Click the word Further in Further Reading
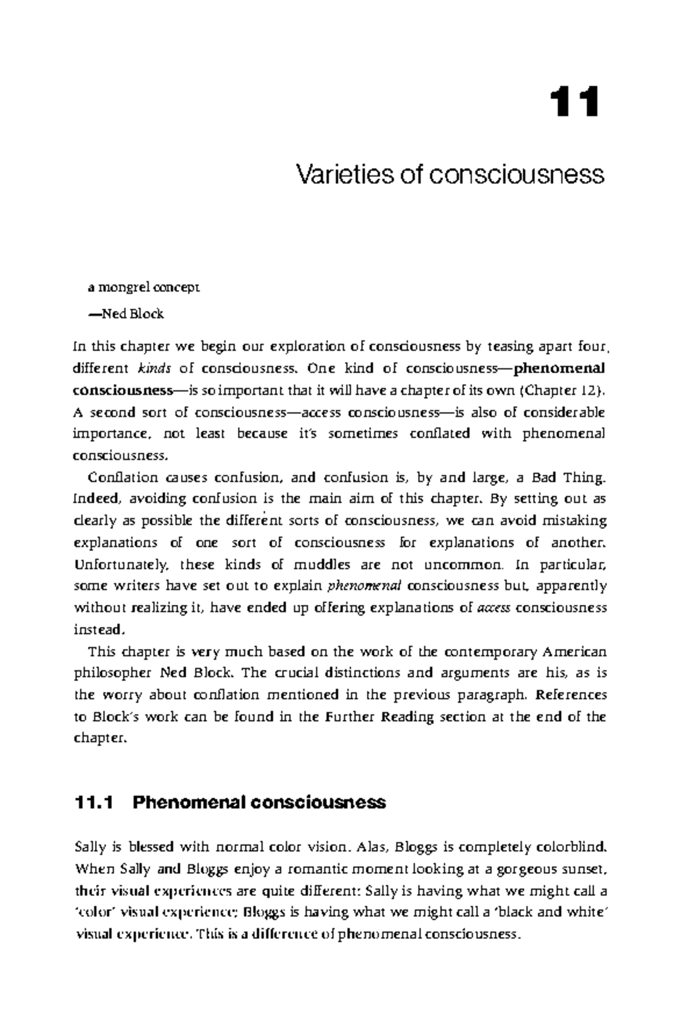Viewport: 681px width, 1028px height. point(351,717)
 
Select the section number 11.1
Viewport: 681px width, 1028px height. point(94,803)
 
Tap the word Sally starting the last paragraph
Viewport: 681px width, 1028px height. point(90,848)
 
